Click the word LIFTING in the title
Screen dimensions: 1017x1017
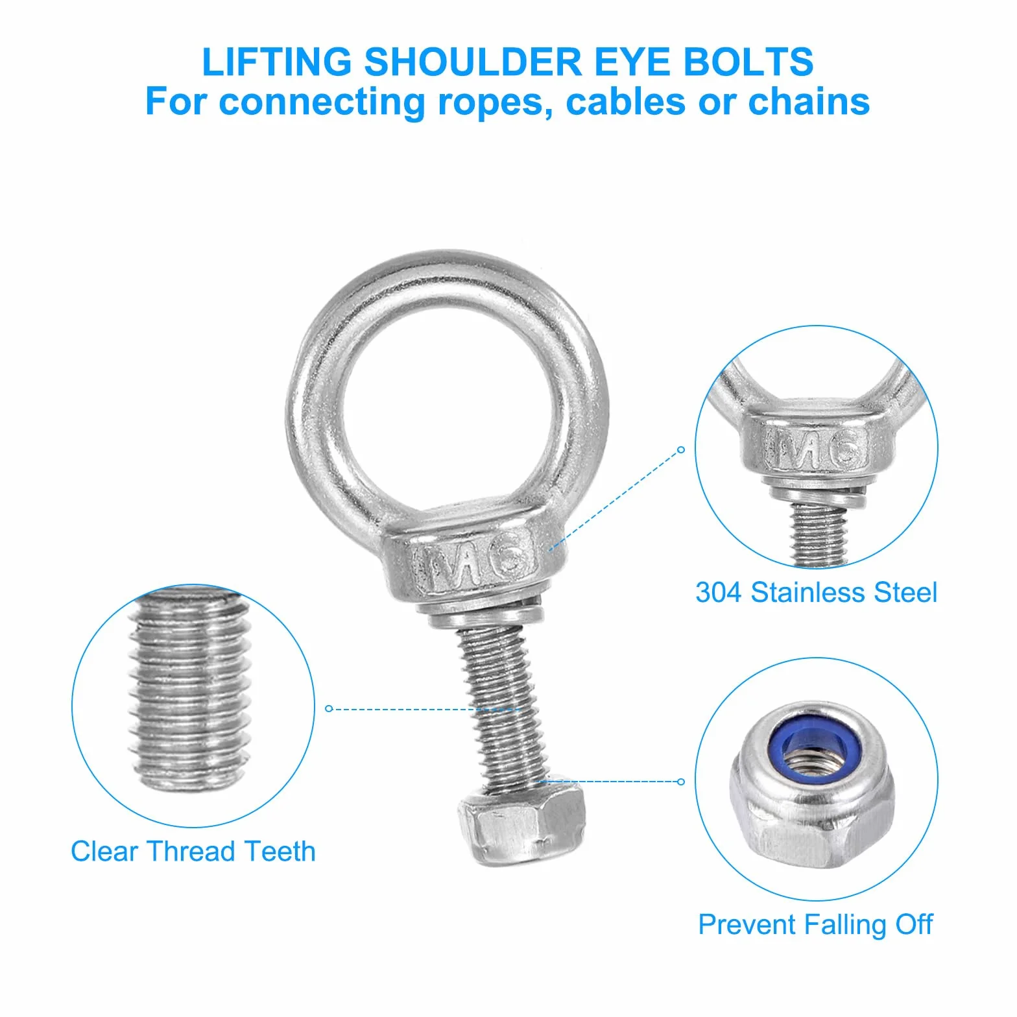277,62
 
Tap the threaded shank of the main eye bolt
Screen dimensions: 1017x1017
503,704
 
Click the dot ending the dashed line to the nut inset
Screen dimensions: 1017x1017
680,782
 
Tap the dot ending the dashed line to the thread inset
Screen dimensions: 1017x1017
328,709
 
